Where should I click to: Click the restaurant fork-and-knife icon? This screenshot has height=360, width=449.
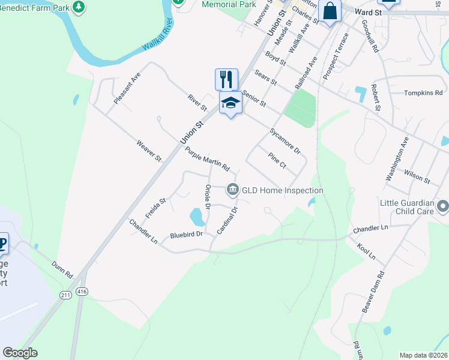[226, 79]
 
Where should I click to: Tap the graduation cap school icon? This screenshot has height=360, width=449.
[231, 103]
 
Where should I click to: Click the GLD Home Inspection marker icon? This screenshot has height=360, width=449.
[232, 190]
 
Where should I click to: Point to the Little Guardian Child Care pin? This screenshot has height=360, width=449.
[443, 207]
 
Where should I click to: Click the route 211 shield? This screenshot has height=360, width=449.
[65, 295]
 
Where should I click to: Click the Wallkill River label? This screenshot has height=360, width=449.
[157, 37]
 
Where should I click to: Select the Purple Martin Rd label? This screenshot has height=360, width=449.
[207, 158]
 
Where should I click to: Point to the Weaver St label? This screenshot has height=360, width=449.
[149, 151]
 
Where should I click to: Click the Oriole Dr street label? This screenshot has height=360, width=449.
[208, 197]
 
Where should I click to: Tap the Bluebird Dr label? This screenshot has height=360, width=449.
[187, 235]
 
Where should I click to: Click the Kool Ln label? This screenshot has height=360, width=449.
[365, 251]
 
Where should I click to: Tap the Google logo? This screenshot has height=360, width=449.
[20, 353]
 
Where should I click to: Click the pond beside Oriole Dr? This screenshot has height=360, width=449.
[197, 215]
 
